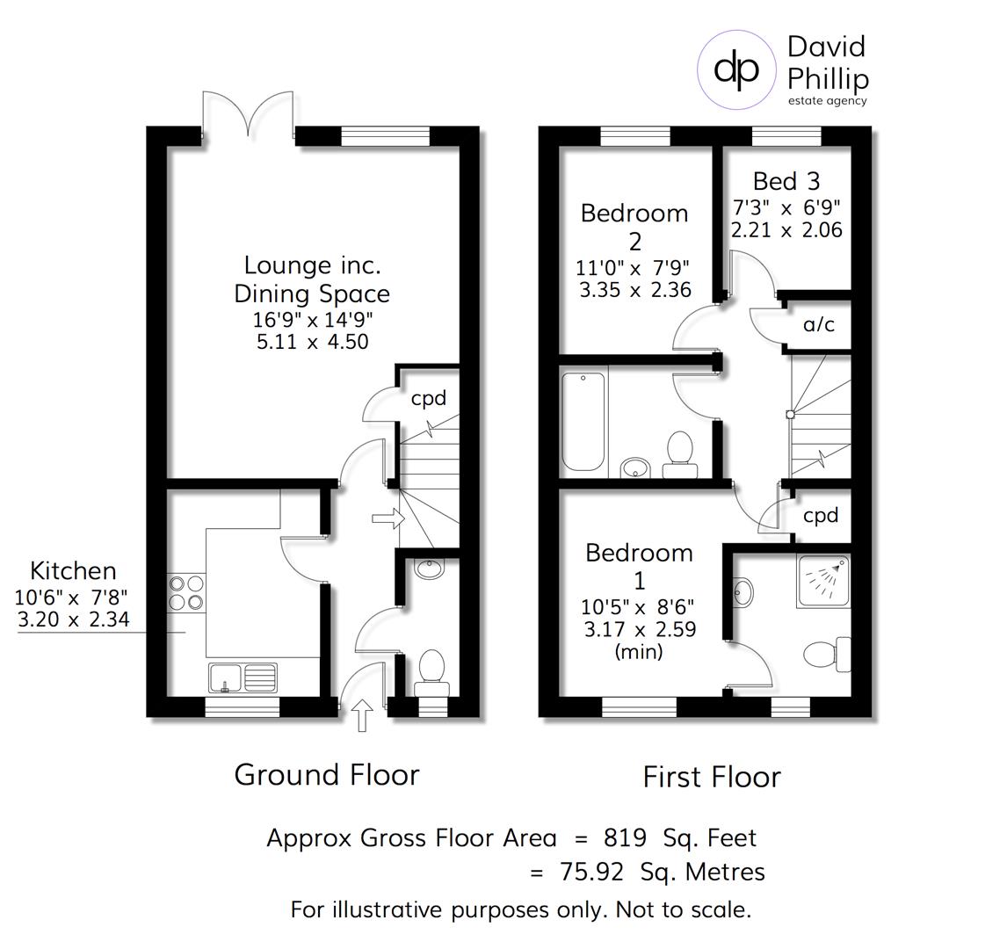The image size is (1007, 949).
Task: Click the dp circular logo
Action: [736, 69]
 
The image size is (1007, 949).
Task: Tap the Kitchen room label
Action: [73, 570]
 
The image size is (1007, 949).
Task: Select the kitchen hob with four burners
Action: [185, 591]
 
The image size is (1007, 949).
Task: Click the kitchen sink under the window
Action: [243, 677]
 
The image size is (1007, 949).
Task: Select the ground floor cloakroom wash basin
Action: [430, 569]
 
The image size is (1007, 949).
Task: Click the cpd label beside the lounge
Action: [429, 398]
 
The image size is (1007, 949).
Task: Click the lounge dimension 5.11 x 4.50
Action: [312, 342]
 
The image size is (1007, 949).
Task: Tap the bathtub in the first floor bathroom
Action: [583, 421]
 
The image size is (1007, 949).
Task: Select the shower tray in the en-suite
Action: [823, 581]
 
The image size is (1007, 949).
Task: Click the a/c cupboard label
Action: [818, 324]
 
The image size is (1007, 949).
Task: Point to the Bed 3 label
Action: [786, 181]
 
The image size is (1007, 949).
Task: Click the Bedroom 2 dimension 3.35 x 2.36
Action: [634, 289]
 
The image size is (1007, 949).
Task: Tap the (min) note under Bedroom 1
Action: [638, 651]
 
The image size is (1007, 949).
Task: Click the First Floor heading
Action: [711, 777]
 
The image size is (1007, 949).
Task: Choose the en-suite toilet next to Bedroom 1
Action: [827, 655]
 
